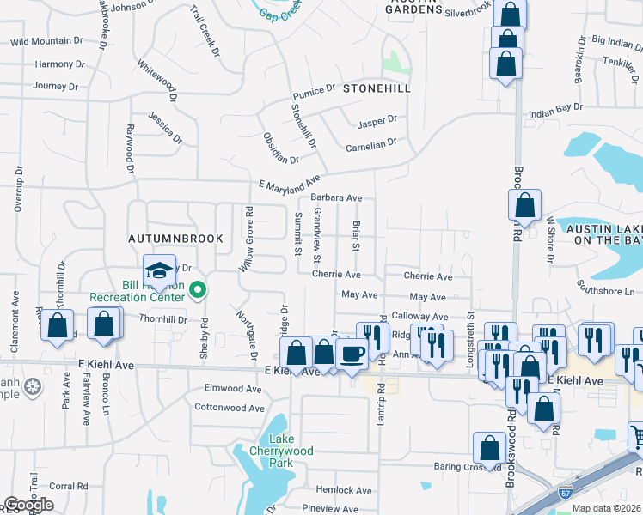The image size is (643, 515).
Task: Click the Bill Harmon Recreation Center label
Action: pyautogui.click(x=137, y=291)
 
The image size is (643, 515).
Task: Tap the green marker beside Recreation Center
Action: pyautogui.click(x=198, y=291)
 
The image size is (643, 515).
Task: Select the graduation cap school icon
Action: pyautogui.click(x=159, y=271)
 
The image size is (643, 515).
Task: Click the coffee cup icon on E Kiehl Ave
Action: pyautogui.click(x=352, y=354)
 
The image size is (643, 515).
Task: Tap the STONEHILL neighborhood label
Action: pyautogui.click(x=377, y=88)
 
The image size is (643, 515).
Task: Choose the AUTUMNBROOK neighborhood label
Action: pyautogui.click(x=175, y=239)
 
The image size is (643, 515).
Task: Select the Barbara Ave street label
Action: pyautogui.click(x=336, y=197)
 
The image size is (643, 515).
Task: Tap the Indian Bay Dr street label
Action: pyautogui.click(x=555, y=110)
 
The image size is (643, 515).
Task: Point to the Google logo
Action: pyautogui.click(x=28, y=505)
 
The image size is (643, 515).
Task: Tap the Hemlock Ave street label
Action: pyautogui.click(x=344, y=490)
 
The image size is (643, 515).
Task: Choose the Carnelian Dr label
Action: pyautogui.click(x=370, y=143)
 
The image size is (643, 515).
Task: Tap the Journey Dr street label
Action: pyautogui.click(x=55, y=86)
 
